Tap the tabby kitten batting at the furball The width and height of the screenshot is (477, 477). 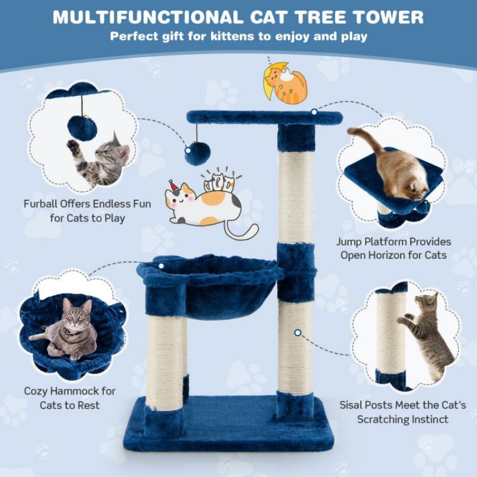(101, 158)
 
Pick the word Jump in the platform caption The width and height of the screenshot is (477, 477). (349, 242)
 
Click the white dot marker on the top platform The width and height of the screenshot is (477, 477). (314, 111)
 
